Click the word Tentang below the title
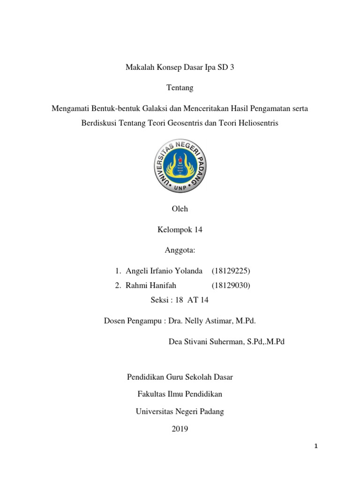[x=180, y=88]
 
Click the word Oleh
[x=180, y=209]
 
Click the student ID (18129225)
[x=231, y=271]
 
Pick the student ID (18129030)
[x=231, y=285]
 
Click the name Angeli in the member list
[x=137, y=271]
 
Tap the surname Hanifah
[x=162, y=285]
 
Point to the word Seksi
[x=158, y=300]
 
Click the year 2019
[x=180, y=428]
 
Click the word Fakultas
[x=151, y=394]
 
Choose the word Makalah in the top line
[x=139, y=67]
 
